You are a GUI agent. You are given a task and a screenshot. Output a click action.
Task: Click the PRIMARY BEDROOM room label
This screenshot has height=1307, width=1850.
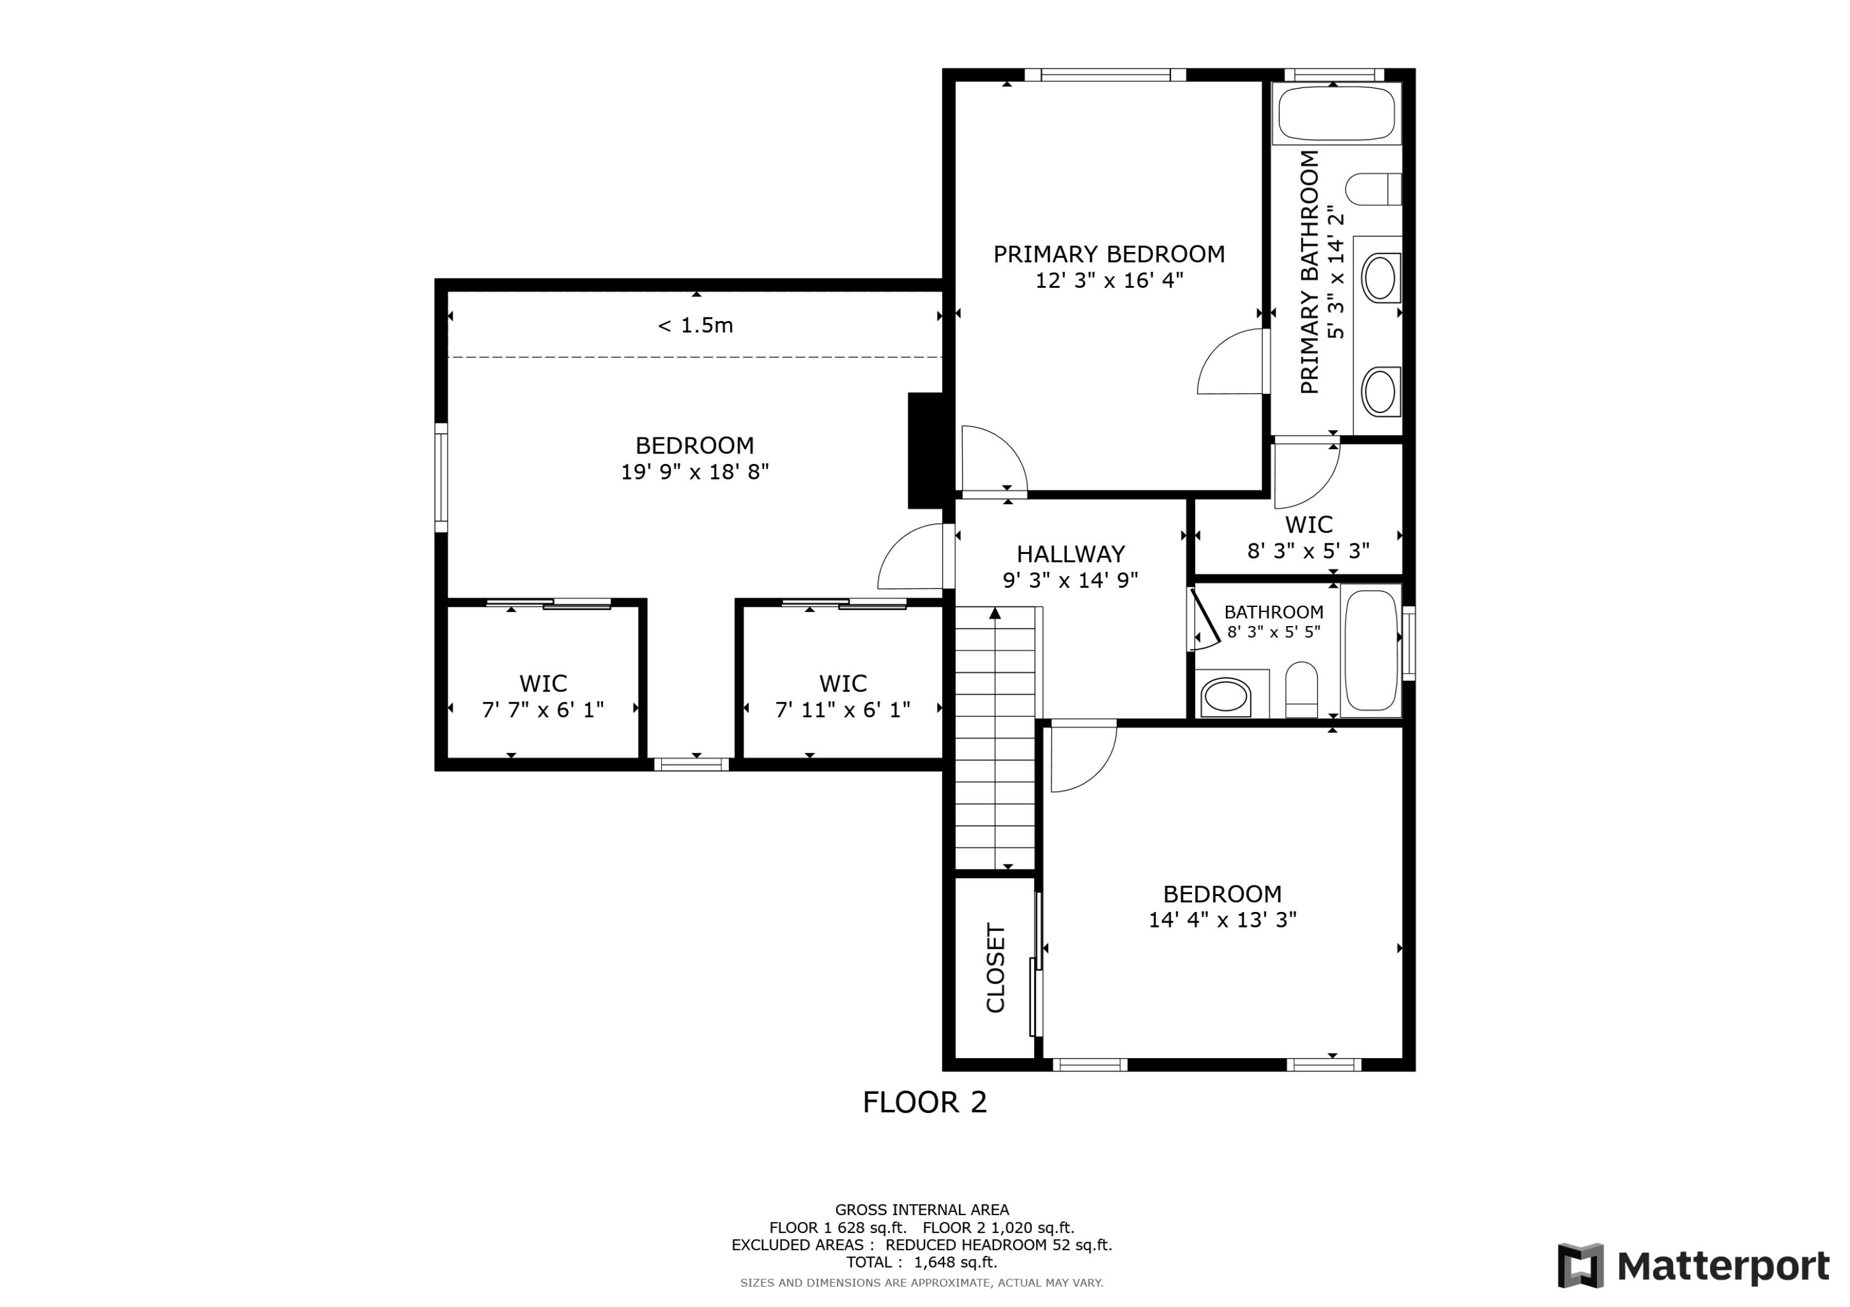pos(1109,254)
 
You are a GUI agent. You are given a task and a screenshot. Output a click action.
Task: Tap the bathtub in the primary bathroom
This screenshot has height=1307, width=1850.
pos(1336,113)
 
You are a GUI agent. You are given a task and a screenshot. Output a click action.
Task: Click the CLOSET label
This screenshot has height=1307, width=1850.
pos(996,968)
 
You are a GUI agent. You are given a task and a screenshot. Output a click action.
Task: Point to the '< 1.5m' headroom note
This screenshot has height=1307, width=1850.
pos(696,325)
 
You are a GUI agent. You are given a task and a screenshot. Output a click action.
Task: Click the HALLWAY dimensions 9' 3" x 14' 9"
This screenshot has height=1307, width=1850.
pos(1070,580)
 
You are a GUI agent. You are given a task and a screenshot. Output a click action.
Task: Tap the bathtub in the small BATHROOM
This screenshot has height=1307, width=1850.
pos(1371,650)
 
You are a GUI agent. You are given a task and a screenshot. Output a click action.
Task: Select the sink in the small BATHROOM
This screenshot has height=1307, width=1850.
pos(1225,695)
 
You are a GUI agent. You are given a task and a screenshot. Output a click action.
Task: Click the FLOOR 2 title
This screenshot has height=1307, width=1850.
pos(924,1102)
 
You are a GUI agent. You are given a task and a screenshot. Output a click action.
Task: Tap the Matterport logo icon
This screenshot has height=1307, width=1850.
pos(1580,1266)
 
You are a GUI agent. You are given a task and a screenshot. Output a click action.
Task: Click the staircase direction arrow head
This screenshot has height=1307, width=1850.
pos(995,614)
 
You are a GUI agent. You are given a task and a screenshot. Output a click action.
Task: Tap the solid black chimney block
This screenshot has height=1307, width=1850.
pos(925,450)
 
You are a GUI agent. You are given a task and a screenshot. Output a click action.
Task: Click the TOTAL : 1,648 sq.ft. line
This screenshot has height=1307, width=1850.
pos(921,1263)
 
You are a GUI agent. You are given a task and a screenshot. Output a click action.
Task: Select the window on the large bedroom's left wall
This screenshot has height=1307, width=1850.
pos(441,478)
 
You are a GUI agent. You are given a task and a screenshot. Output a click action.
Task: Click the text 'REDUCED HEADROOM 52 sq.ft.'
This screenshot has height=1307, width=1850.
pos(998,1245)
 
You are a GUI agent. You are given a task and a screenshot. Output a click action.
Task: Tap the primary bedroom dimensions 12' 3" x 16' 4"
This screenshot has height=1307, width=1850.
pos(1109,281)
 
